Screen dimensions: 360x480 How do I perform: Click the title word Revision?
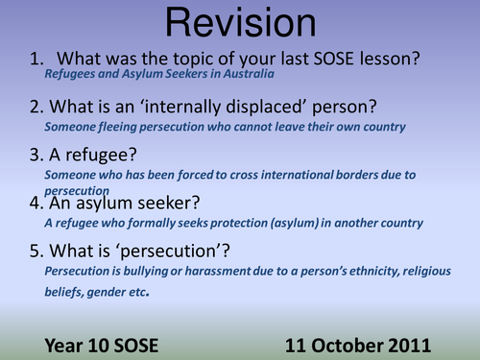pos(239,24)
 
